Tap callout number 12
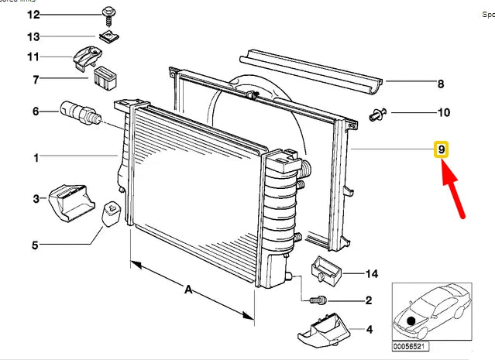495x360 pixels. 33,15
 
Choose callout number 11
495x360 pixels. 33,57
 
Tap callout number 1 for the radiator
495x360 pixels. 35,158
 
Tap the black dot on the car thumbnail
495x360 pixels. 411,320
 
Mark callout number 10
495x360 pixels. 443,113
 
